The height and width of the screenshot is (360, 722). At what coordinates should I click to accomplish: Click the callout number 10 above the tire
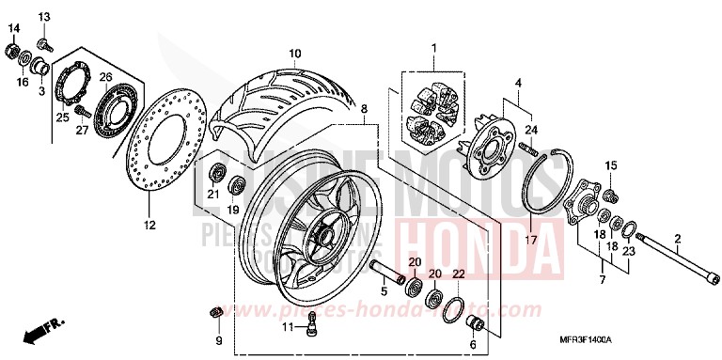tap(294, 53)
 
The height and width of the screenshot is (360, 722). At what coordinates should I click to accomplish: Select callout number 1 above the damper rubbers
tap(434, 47)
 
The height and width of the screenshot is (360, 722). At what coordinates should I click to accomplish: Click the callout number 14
tap(13, 27)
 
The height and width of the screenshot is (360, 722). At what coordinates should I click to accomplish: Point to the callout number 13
tap(44, 18)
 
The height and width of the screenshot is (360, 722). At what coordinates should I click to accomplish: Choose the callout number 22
tap(458, 274)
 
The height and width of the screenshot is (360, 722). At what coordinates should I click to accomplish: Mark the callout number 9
tap(218, 340)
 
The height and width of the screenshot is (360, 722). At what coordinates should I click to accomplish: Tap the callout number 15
tap(610, 166)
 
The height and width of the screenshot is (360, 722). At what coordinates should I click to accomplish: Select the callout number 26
tap(105, 76)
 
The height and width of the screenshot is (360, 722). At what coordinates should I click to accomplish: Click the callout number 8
tap(362, 110)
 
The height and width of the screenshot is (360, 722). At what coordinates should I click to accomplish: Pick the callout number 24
tap(530, 129)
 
